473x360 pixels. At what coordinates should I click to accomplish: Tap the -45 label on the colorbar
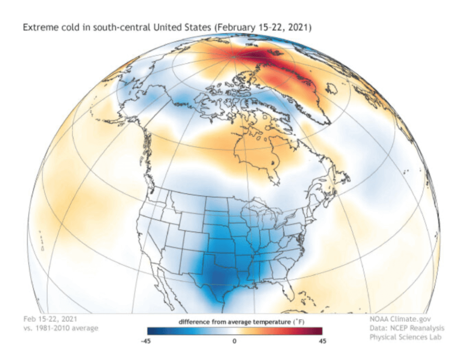(x=147, y=341)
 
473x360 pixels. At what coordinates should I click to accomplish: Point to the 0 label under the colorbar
(x=234, y=341)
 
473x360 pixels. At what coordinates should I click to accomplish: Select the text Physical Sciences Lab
(x=405, y=337)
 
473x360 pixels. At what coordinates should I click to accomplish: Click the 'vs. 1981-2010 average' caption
(x=60, y=328)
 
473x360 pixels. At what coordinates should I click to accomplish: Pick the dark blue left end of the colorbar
(x=150, y=331)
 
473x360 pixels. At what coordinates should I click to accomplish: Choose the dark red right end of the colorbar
(x=318, y=331)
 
